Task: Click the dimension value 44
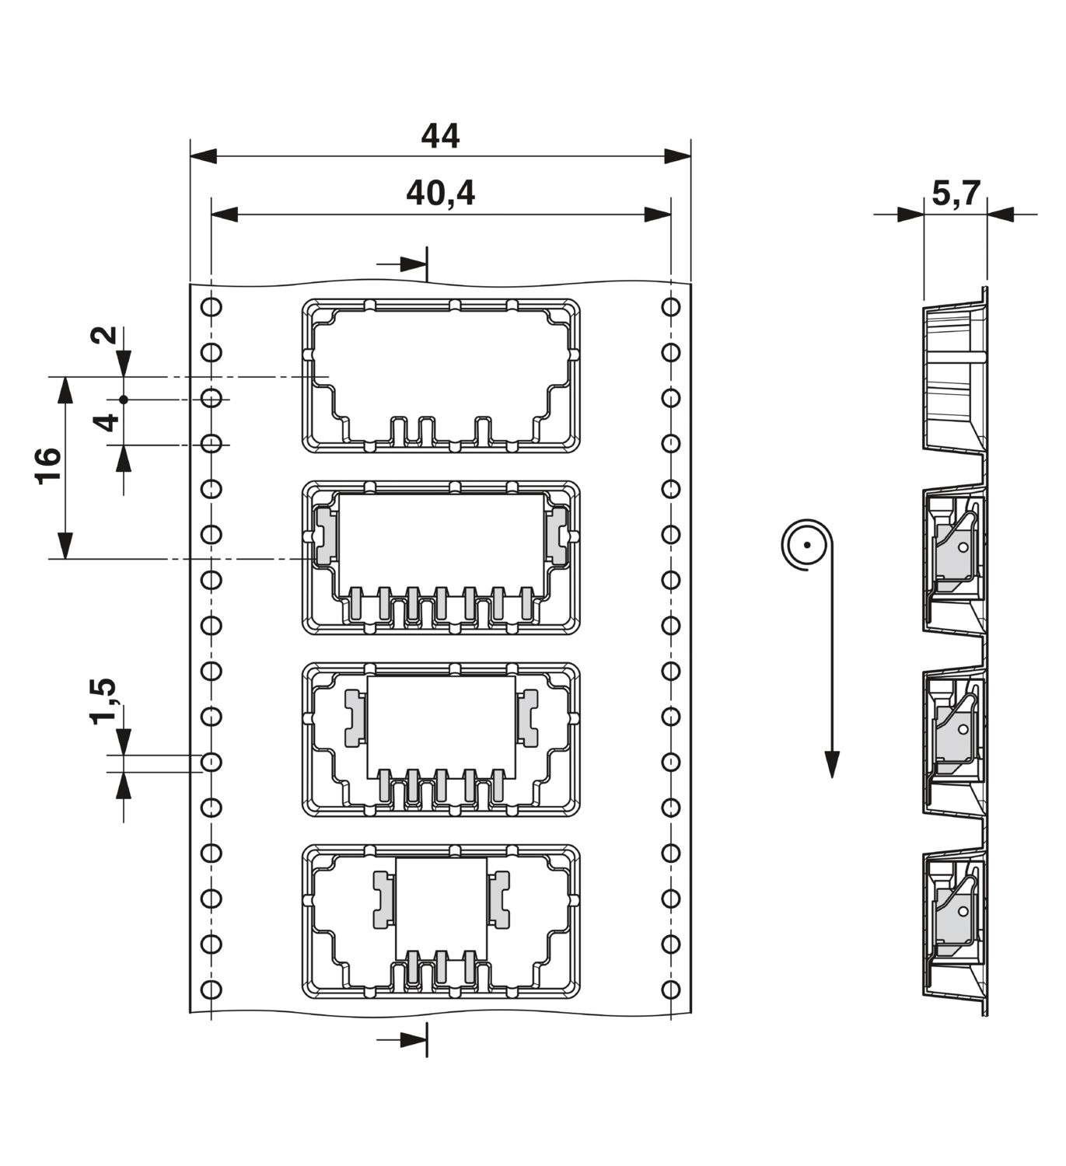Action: pos(440,137)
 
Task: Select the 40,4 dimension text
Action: pos(440,194)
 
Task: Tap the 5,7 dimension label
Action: pos(956,194)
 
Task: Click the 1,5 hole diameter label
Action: pos(103,701)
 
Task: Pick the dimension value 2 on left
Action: pos(103,335)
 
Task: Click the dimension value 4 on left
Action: pos(107,422)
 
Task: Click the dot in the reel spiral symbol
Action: pos(806,545)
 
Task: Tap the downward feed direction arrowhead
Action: pos(832,764)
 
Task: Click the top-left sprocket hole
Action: pos(211,306)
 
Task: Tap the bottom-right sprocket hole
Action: pos(671,990)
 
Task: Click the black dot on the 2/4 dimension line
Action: pos(124,400)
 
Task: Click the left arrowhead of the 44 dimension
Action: pos(204,155)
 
